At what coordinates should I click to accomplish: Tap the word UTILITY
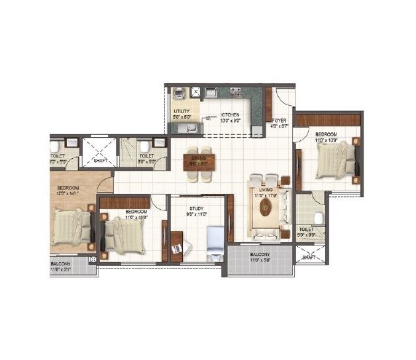tap(181, 111)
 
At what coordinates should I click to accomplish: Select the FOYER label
tap(278, 120)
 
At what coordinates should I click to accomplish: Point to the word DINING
tap(198, 157)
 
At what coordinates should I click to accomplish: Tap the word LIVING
tap(266, 191)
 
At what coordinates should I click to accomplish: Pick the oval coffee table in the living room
tap(266, 209)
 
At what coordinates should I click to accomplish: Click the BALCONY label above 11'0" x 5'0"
tap(260, 255)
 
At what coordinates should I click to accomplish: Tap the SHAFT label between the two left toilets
tap(101, 159)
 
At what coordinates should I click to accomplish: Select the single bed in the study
tap(215, 242)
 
